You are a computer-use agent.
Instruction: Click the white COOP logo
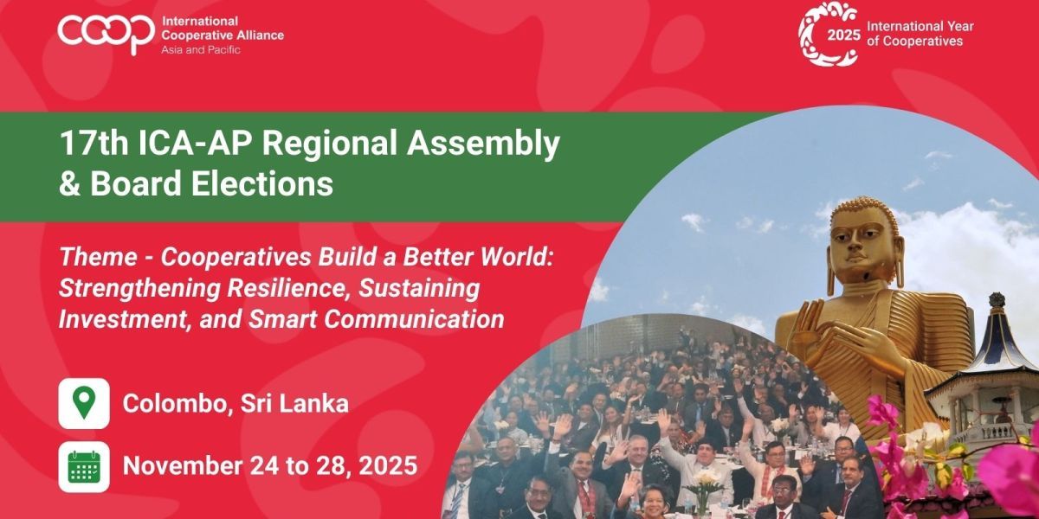click(106, 34)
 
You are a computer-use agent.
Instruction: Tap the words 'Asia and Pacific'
click(200, 49)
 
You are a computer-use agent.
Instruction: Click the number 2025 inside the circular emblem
click(843, 35)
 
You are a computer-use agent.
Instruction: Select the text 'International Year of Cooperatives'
click(920, 34)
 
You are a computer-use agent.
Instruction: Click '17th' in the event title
click(94, 144)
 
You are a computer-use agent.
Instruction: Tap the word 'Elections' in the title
click(262, 183)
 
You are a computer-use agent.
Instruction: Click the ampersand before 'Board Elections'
click(69, 184)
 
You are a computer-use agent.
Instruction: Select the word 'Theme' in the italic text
click(99, 257)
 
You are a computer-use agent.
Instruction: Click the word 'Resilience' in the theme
click(287, 288)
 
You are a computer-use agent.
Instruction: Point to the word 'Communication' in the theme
click(414, 319)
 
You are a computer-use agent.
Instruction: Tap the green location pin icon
click(84, 403)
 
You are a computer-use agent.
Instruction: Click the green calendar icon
click(84, 466)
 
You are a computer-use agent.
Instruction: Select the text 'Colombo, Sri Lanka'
click(236, 404)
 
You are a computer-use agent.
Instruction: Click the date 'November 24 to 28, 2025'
click(270, 465)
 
